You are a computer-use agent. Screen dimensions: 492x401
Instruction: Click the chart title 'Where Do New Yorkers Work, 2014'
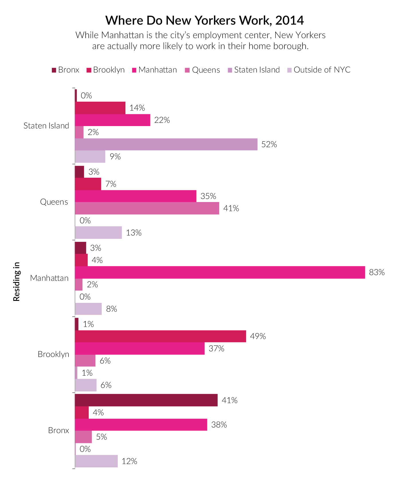pyautogui.click(x=205, y=20)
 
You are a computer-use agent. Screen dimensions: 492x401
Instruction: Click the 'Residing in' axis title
pyautogui.click(x=17, y=281)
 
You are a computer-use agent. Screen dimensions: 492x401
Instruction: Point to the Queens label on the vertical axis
pyautogui.click(x=54, y=202)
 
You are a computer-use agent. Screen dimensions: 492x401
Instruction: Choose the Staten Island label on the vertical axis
pyautogui.click(x=46, y=126)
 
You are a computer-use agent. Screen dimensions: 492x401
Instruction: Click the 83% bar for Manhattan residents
pyautogui.click(x=220, y=272)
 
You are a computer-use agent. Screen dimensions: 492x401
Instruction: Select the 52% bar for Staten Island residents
pyautogui.click(x=166, y=144)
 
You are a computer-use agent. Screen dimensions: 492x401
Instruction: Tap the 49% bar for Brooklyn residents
pyautogui.click(x=160, y=336)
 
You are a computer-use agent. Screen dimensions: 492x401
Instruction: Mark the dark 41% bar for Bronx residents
pyautogui.click(x=146, y=400)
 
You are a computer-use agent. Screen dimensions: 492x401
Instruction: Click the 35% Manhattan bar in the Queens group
pyautogui.click(x=135, y=196)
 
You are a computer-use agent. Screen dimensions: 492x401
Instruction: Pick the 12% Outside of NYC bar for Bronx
pyautogui.click(x=96, y=461)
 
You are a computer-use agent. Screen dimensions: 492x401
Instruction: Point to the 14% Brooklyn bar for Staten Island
pyautogui.click(x=100, y=108)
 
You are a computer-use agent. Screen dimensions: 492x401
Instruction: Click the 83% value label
pyautogui.click(x=377, y=272)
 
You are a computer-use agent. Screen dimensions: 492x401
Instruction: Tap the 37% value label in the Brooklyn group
pyautogui.click(x=217, y=349)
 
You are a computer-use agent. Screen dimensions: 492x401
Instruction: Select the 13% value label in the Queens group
pyautogui.click(x=134, y=233)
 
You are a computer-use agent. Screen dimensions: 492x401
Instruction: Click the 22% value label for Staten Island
pyautogui.click(x=162, y=120)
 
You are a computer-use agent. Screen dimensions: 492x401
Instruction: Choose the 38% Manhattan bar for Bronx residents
pyautogui.click(x=141, y=425)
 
